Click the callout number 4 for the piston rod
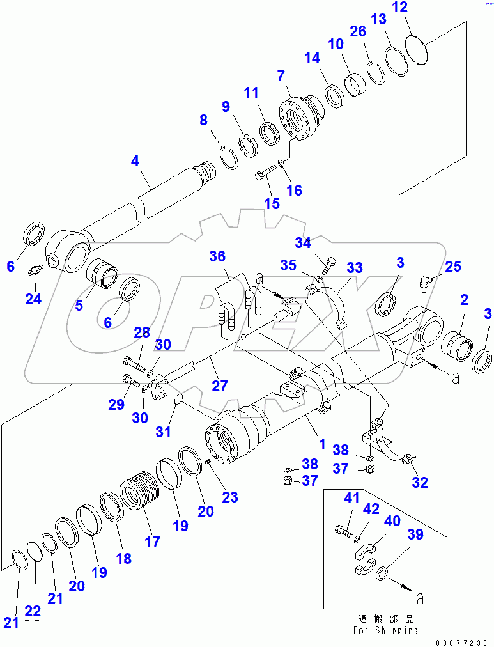pyautogui.click(x=135, y=161)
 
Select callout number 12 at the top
pyautogui.click(x=417, y=8)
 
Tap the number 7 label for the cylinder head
pyautogui.click(x=280, y=77)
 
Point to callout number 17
pyautogui.click(x=151, y=542)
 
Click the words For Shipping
pyautogui.click(x=387, y=630)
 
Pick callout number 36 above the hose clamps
pyautogui.click(x=218, y=256)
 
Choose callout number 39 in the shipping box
pyautogui.click(x=415, y=535)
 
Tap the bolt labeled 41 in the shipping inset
pyautogui.click(x=343, y=530)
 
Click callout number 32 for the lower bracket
pyautogui.click(x=419, y=483)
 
